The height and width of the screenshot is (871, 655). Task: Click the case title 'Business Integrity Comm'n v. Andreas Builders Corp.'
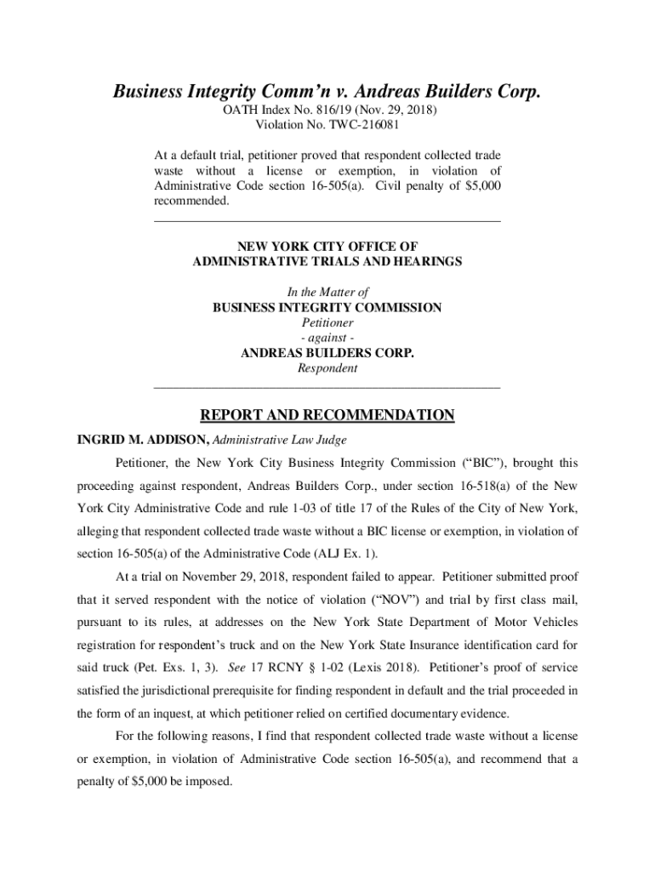tap(327, 92)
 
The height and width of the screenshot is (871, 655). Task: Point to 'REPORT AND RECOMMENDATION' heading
tap(327, 416)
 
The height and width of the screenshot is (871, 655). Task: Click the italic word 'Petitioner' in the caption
tap(327, 323)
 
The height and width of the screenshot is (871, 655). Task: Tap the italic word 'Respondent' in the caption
tap(327, 369)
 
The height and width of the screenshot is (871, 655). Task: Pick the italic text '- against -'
tap(327, 339)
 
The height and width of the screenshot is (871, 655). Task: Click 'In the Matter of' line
tap(327, 293)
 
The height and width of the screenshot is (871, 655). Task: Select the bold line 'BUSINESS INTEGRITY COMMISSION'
tap(327, 308)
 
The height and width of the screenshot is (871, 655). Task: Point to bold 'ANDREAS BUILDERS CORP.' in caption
tap(327, 354)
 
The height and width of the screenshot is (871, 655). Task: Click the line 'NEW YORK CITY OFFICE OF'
tap(327, 247)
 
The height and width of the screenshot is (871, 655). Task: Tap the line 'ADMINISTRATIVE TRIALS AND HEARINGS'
tap(327, 262)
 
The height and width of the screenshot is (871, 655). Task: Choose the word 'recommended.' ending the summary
tap(191, 202)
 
